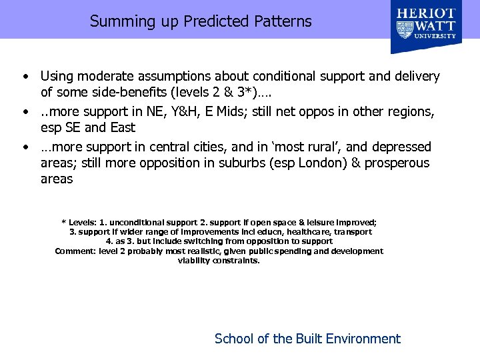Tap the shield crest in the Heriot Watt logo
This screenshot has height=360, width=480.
405,29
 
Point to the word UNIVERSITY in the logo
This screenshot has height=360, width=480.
436,36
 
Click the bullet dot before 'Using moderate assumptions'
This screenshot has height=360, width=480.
25,77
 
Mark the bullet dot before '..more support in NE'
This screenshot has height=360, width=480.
25,111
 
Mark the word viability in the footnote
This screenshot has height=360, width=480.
194,261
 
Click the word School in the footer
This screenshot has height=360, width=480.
233,339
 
